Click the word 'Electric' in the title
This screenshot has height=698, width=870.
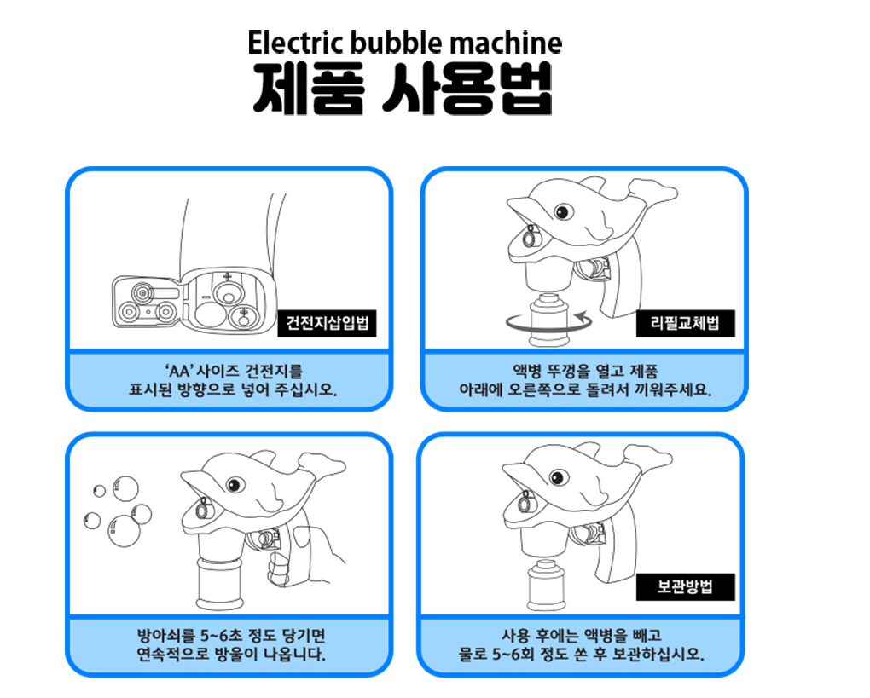point(295,43)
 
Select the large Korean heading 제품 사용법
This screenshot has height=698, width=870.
point(403,89)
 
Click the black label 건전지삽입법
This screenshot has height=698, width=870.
point(327,323)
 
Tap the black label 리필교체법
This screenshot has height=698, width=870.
point(685,323)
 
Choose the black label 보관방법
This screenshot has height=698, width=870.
point(685,586)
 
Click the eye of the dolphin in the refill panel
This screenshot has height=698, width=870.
point(564,211)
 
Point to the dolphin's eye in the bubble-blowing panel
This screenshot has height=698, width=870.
point(235,485)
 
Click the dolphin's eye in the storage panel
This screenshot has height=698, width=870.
point(559,477)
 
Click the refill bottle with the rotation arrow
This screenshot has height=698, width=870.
point(548,320)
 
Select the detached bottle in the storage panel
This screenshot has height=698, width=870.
point(544,585)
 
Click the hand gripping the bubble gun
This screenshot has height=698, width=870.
point(305,557)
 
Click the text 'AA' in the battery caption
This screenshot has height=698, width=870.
point(178,372)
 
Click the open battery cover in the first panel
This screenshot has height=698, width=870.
point(148,302)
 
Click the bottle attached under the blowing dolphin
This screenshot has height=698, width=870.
point(220,582)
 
